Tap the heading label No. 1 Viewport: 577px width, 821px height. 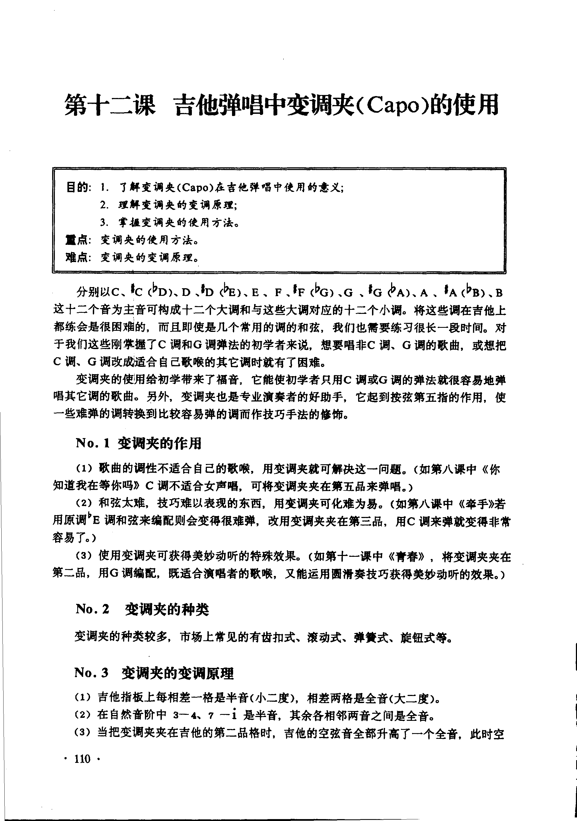click(92, 444)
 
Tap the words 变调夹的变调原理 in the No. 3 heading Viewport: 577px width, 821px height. click(177, 673)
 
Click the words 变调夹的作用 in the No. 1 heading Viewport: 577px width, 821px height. click(159, 444)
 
